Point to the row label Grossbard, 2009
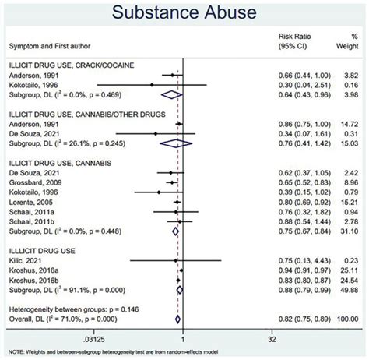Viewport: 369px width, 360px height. pos(36,181)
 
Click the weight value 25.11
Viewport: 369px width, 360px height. pos(348,270)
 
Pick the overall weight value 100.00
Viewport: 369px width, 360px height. pos(346,319)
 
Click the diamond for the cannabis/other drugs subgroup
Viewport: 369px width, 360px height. pos(171,143)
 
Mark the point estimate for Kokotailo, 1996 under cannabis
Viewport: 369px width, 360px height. pos(159,191)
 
